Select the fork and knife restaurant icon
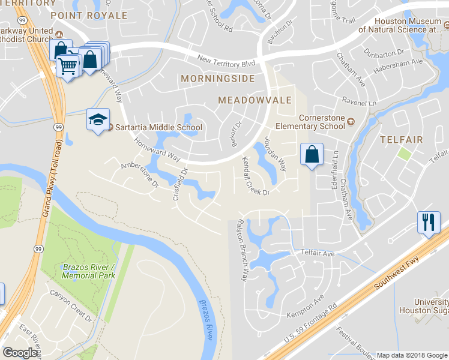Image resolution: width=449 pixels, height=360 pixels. (429, 222)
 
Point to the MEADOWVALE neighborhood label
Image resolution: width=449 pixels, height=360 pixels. (255, 100)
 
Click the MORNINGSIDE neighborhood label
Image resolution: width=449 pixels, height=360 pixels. (218, 79)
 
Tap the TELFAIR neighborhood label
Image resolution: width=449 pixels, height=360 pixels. (402, 140)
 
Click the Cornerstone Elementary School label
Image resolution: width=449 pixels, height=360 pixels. (310, 122)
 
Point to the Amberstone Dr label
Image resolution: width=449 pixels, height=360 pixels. (140, 174)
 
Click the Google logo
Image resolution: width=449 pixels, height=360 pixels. (20, 352)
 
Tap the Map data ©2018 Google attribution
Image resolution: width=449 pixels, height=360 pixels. (411, 355)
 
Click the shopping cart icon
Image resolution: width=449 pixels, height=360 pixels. (68, 65)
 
